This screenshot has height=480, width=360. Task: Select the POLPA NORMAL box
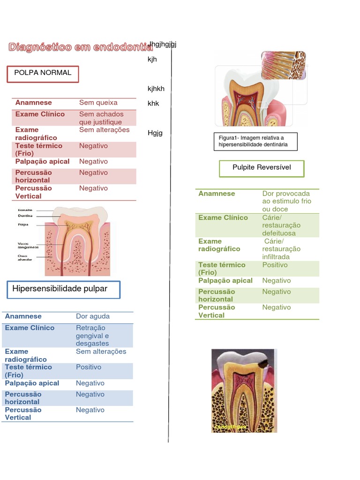tap(43, 74)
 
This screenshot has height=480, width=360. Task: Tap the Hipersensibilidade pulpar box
tap(64, 290)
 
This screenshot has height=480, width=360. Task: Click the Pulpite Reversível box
tap(262, 168)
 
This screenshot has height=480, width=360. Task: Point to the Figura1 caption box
tap(255, 141)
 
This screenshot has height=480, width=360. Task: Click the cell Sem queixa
tap(98, 103)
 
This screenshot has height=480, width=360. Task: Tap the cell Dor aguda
tap(93, 316)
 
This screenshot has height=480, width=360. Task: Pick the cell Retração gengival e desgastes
tap(92, 336)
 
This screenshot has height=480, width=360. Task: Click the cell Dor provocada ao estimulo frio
tap(286, 201)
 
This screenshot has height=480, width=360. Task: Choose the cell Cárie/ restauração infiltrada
tap(281, 249)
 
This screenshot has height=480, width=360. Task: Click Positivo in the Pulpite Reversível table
tap(275, 265)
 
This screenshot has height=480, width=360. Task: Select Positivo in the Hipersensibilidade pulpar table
tap(89, 367)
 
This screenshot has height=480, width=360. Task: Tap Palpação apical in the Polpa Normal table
tap(42, 161)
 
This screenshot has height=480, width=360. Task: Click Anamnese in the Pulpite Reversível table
tap(217, 194)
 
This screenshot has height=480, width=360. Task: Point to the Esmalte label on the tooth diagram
tap(25, 210)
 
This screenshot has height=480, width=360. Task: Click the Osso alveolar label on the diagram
tap(25, 257)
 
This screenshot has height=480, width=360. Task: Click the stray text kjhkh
tap(156, 89)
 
